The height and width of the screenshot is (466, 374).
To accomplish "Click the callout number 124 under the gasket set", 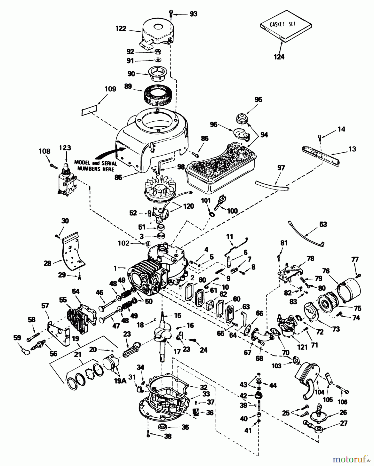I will [x=279, y=57].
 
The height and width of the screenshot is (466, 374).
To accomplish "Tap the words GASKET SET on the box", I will [x=283, y=24].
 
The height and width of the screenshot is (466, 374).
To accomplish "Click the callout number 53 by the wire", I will [x=323, y=224].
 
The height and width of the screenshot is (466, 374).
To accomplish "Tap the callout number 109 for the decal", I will [x=110, y=89].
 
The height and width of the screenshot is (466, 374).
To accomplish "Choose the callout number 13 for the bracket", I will [x=352, y=149].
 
